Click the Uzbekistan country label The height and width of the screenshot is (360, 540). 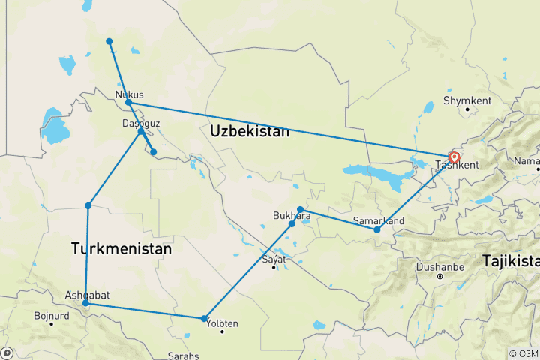[250, 131]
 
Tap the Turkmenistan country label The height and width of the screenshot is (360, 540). [121, 247]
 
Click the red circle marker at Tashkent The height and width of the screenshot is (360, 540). [454, 157]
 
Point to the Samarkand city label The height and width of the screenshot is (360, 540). [379, 220]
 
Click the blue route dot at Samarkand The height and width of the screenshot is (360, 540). [377, 229]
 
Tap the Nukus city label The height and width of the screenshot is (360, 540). [129, 94]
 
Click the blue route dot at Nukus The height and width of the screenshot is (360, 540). [128, 102]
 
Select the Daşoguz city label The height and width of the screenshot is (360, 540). [140, 123]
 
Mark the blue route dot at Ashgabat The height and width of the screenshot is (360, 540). [86, 304]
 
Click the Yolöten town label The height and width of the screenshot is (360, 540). [222, 323]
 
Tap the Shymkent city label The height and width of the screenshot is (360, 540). [466, 100]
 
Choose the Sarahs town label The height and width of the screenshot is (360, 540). [184, 355]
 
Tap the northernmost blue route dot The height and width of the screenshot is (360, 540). [109, 41]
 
